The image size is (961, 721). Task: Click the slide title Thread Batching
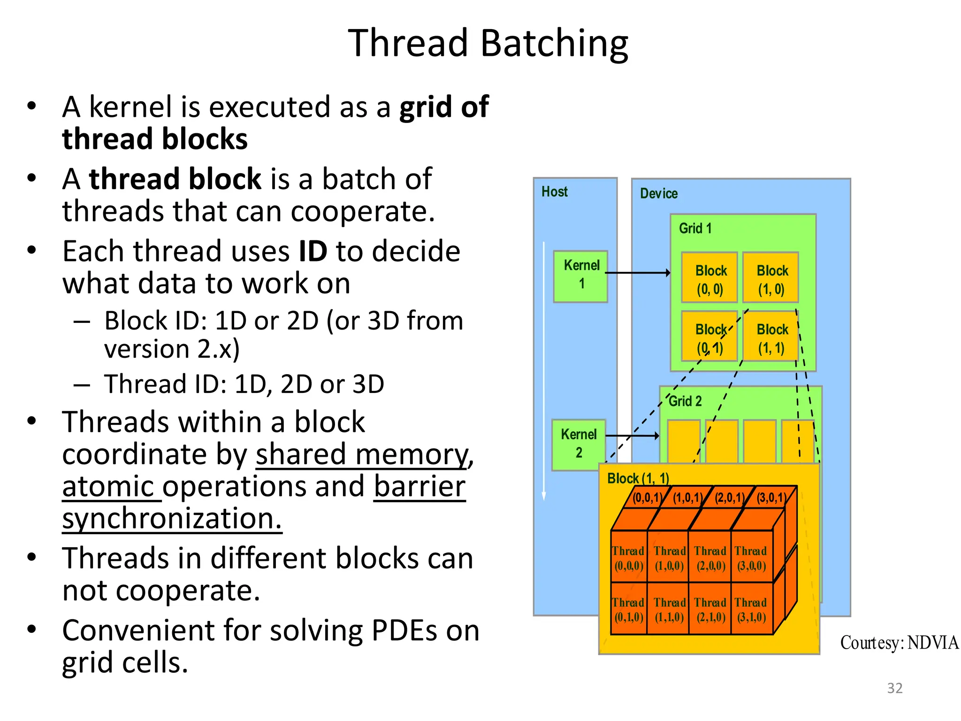[488, 43]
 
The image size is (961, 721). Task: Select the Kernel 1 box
[581, 276]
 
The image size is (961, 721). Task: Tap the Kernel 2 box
[578, 444]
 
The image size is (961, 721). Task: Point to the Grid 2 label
[685, 401]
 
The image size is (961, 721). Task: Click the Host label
[554, 192]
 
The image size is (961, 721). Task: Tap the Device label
[658, 193]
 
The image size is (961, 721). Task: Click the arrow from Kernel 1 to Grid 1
[638, 273]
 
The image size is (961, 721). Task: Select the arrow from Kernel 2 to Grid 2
[632, 436]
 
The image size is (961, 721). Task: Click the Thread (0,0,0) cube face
[629, 558]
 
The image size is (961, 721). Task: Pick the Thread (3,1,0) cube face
[751, 609]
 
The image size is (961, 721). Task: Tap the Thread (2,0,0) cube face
[710, 558]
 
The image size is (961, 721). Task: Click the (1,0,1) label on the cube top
[688, 498]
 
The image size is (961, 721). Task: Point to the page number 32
[894, 688]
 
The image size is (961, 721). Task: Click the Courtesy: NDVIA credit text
[899, 643]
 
